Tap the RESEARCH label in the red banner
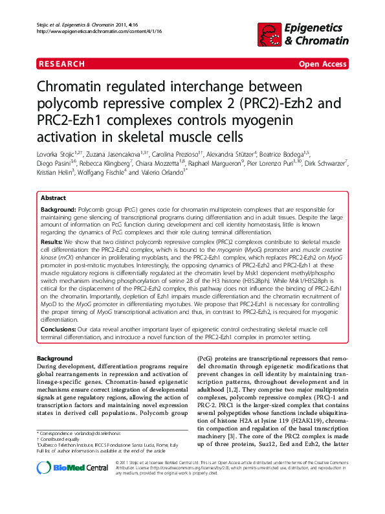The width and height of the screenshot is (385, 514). tap(61, 64)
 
